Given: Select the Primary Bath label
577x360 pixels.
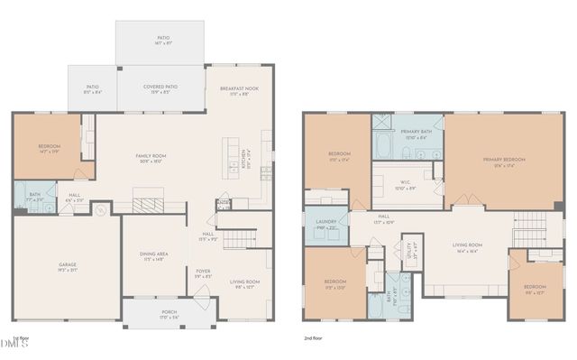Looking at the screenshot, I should coord(416,134).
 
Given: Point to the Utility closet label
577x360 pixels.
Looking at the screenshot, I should coord(411,247).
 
